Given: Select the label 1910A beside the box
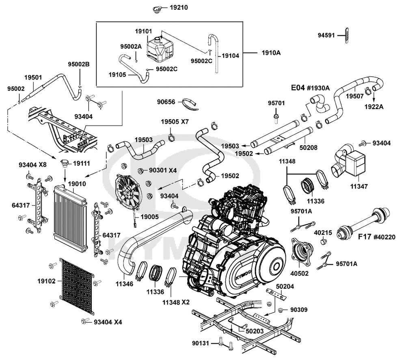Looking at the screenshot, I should pyautogui.click(x=272, y=52).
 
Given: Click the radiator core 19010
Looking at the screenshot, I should pyautogui.click(x=70, y=219).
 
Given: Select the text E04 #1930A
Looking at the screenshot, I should pyautogui.click(x=311, y=87).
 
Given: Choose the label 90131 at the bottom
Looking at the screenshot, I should pyautogui.click(x=201, y=343).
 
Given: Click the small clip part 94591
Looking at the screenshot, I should pyautogui.click(x=346, y=35).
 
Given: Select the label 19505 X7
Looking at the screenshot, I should pyautogui.click(x=175, y=121).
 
